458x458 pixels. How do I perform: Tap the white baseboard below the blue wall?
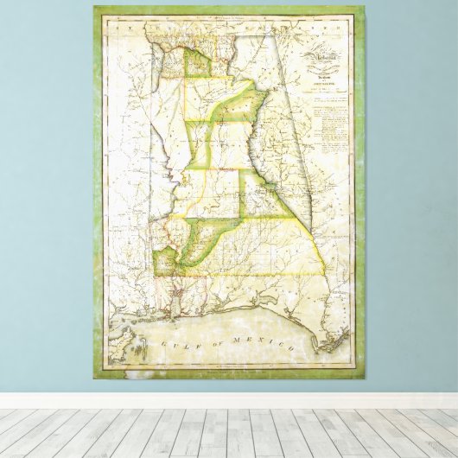coord(229,401)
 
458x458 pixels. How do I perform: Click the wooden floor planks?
coord(229,432)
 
